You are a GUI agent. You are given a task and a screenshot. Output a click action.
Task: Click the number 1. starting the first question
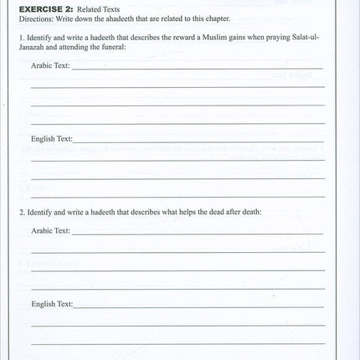[20, 39]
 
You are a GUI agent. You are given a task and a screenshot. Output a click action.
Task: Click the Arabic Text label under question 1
[50, 65]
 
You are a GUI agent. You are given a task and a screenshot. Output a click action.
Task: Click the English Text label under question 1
[52, 138]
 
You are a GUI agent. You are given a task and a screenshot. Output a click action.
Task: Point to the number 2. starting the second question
[20, 212]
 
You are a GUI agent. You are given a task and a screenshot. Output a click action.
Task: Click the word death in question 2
[249, 212]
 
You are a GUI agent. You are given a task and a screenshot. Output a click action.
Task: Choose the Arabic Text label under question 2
[50, 230]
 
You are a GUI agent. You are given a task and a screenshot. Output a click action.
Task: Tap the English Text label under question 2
[52, 304]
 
